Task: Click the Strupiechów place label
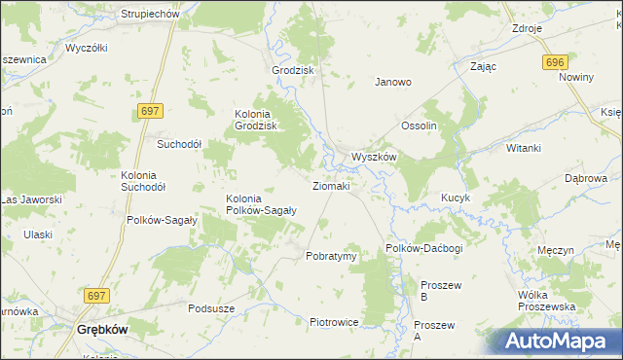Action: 148,15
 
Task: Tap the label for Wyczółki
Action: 86,47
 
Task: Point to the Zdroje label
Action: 527,28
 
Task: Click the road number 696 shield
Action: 554,62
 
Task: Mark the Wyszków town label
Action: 374,157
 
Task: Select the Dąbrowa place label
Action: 586,179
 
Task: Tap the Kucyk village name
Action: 456,198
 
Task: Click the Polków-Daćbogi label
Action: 423,249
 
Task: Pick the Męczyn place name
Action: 556,250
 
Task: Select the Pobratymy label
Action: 332,256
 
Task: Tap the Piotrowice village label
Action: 335,322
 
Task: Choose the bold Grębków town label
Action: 102,330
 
